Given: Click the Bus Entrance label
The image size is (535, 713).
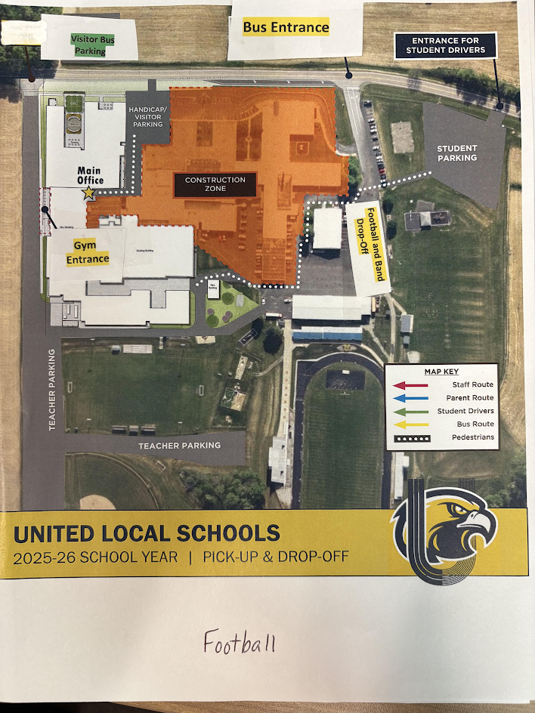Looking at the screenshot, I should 286,28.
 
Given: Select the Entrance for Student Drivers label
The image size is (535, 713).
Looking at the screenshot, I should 445,45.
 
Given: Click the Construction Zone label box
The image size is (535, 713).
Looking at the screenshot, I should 215,184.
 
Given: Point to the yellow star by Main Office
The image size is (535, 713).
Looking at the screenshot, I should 89,193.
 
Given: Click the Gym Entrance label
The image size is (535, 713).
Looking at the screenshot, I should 88,252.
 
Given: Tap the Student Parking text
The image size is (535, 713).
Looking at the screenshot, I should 457,153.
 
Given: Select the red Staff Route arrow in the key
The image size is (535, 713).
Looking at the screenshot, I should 409,385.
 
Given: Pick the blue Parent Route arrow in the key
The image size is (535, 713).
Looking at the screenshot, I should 409,398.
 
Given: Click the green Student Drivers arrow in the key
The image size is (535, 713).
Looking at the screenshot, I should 409,411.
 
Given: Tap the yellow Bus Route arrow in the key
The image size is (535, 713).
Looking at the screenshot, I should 409,424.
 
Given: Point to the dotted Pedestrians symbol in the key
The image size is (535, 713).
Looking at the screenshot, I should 409,437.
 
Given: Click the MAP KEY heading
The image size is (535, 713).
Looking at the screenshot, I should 441,372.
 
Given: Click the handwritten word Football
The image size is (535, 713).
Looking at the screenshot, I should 240,643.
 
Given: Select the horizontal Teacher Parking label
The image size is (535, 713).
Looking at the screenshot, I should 180,446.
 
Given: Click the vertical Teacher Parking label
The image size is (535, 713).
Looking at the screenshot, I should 53,390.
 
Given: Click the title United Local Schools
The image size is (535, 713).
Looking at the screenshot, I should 147,534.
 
